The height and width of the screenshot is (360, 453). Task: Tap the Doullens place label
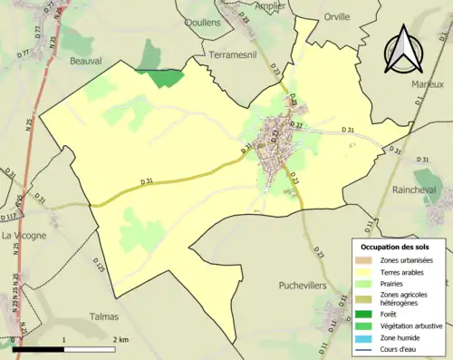pyautogui.click(x=202, y=22)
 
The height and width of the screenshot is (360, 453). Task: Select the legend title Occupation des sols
pyautogui.click(x=396, y=247)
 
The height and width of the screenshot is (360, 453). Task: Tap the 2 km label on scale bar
pyautogui.click(x=120, y=339)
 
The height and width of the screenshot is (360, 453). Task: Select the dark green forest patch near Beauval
pyautogui.click(x=160, y=78)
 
